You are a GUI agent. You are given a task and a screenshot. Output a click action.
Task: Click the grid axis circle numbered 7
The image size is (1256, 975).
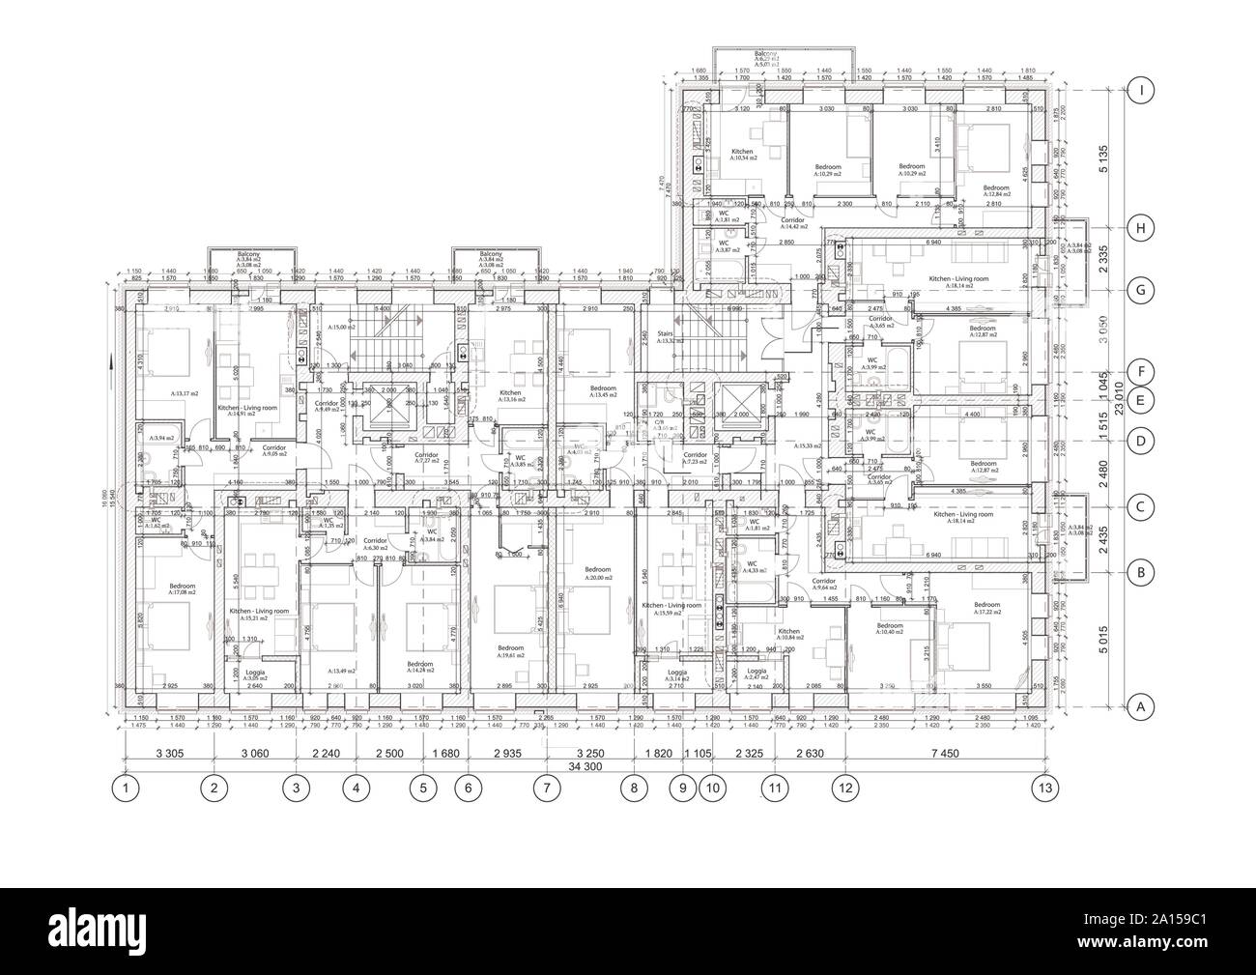[547, 789]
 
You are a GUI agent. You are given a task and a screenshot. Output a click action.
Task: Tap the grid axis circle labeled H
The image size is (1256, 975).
[1142, 228]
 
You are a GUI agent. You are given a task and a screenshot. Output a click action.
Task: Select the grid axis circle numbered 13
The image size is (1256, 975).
[1042, 789]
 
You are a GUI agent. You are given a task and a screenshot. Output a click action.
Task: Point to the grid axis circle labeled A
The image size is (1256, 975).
[1142, 706]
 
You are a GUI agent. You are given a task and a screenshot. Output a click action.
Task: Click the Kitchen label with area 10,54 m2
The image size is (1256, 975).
[742, 155]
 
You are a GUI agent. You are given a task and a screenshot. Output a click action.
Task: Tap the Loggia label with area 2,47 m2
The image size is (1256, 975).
[756, 674]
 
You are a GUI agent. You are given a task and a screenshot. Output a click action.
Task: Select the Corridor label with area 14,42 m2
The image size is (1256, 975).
[792, 223]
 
